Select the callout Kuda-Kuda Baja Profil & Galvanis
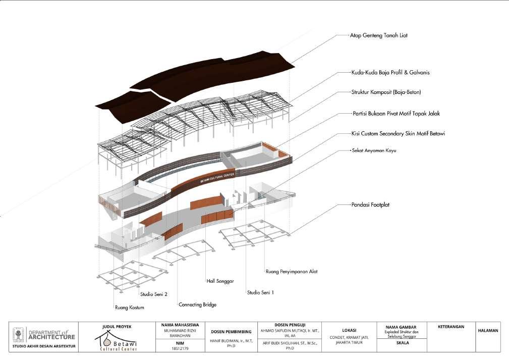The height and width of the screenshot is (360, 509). tap(390, 73)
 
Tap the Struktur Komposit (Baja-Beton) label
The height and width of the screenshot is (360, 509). tap(386, 92)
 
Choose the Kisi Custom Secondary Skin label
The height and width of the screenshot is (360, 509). tap(398, 134)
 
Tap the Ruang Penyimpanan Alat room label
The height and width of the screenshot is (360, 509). tap(291, 272)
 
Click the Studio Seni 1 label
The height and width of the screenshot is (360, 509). tap(260, 292)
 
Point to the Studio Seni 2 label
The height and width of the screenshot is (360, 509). tap(153, 295)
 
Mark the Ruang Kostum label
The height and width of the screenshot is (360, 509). tap(130, 307)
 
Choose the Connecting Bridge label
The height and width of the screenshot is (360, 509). tap(197, 305)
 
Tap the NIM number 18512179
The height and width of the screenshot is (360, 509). tap(178, 348)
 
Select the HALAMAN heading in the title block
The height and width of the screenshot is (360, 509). tap(487, 331)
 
